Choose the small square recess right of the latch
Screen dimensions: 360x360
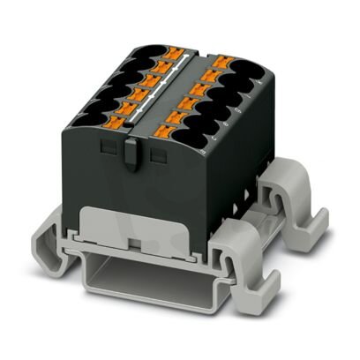click(x=159, y=155)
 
